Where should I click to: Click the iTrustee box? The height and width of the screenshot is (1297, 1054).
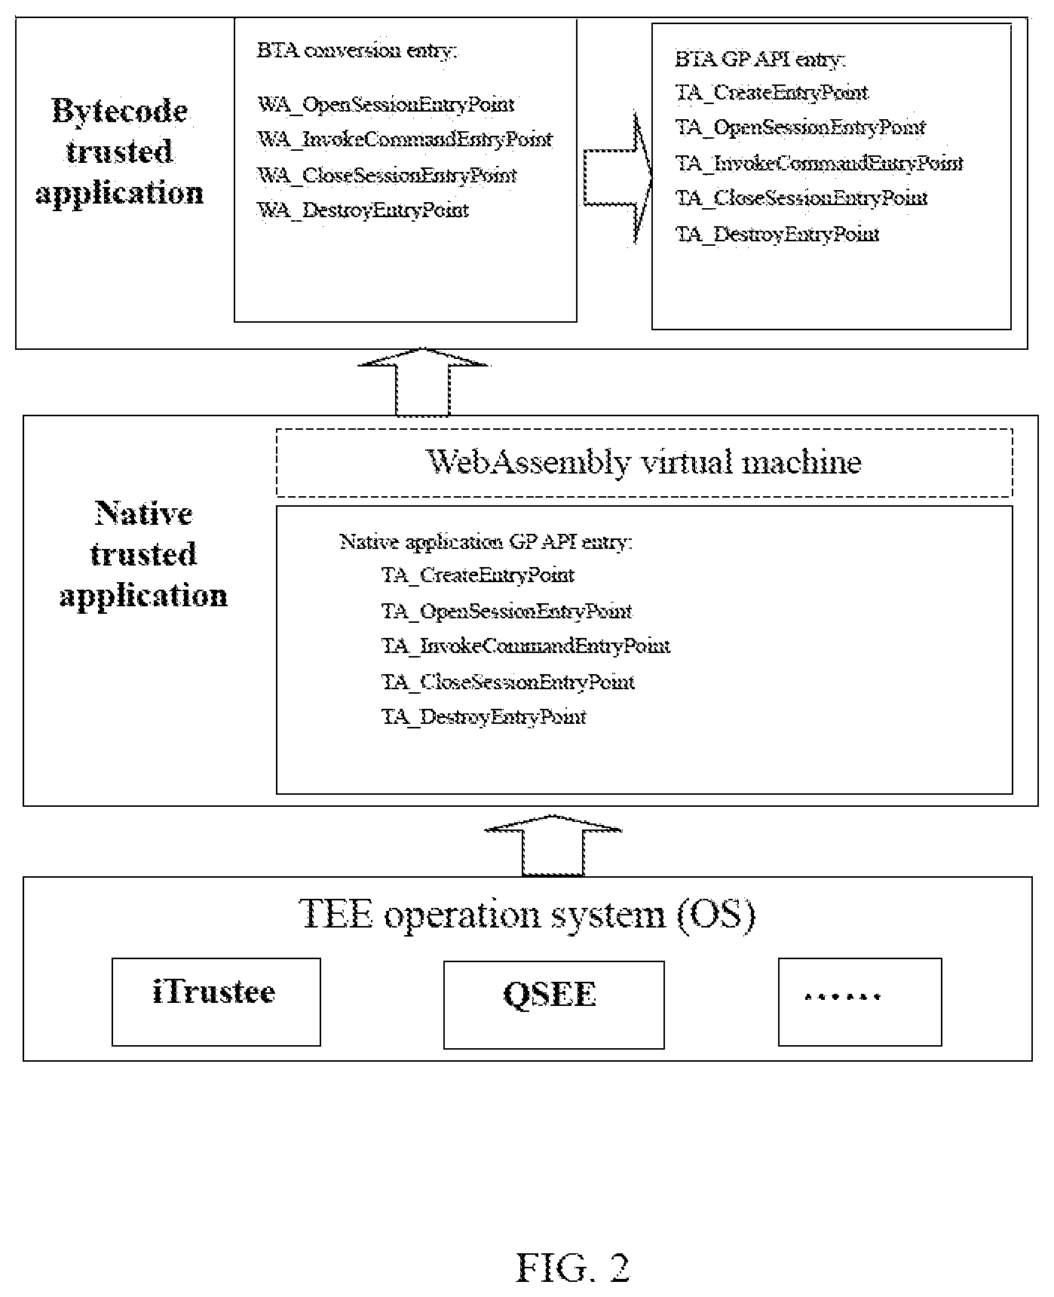(216, 1002)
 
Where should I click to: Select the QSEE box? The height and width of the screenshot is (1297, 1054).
(553, 1004)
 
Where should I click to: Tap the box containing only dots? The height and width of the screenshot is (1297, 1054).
(859, 1002)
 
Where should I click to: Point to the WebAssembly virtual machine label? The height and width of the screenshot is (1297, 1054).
(644, 461)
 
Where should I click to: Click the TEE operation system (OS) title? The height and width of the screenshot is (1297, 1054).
(528, 915)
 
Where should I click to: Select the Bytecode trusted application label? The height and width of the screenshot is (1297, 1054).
(120, 152)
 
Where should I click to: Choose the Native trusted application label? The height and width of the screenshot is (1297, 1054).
(143, 554)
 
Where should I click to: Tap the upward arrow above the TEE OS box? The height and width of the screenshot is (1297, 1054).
(553, 845)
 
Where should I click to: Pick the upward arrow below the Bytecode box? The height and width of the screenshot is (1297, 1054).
(423, 382)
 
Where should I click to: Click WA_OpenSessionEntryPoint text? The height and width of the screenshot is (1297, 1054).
(386, 104)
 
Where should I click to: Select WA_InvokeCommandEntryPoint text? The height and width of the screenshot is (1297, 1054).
(405, 140)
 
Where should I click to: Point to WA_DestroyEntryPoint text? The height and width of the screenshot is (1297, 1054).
(363, 210)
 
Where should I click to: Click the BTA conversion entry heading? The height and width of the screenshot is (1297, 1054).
(357, 51)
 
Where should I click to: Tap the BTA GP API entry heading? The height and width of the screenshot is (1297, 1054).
(761, 60)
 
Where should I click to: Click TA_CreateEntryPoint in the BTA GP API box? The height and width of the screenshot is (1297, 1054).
(772, 93)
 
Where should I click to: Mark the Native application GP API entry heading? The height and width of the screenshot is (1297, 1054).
(486, 542)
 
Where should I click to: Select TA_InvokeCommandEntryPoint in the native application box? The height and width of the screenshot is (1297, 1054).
(526, 646)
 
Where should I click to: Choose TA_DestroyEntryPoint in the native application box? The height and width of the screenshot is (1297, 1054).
(484, 716)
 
